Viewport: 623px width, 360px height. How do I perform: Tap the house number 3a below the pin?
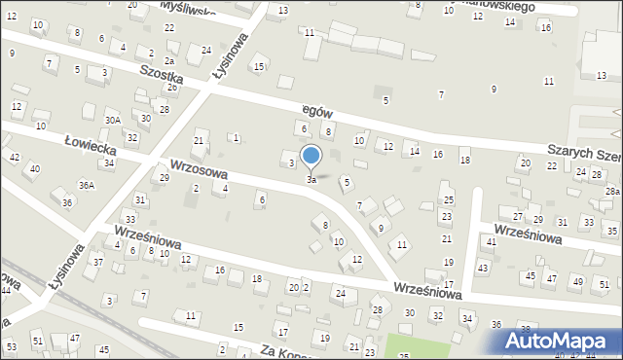[311, 180]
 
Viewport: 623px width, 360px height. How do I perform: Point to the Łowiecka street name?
[91, 147]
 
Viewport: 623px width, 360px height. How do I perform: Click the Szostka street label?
[163, 74]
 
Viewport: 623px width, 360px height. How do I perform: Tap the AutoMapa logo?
[560, 342]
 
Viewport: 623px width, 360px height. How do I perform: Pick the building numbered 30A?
[113, 120]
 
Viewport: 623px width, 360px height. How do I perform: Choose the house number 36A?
[88, 186]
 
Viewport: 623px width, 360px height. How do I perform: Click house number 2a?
[168, 60]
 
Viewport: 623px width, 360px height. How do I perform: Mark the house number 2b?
[171, 88]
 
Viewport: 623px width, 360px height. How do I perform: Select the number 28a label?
[611, 192]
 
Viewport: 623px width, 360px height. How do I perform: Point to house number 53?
[11, 346]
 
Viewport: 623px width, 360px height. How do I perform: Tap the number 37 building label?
[97, 263]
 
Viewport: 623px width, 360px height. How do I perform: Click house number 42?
[14, 157]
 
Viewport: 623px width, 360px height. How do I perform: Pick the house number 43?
[483, 267]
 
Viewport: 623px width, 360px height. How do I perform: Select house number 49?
[577, 281]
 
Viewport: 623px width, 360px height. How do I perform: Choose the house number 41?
[491, 240]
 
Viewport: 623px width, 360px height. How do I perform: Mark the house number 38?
[526, 329]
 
